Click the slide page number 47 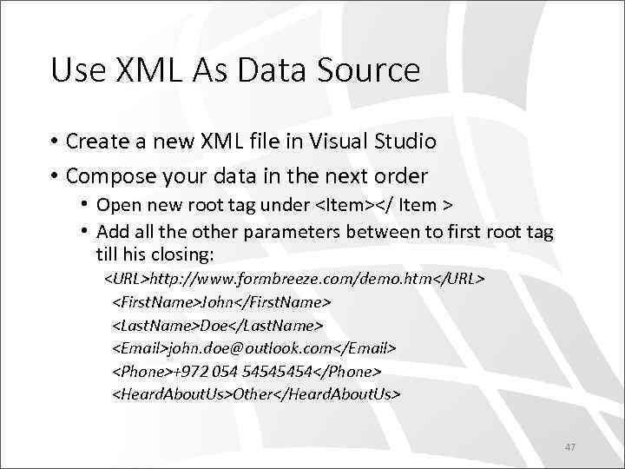pyautogui.click(x=570, y=447)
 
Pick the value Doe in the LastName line pyautogui.click(x=213, y=325)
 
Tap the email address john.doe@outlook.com pyautogui.click(x=250, y=347)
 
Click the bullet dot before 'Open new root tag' pyautogui.click(x=85, y=206)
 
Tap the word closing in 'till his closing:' pyautogui.click(x=185, y=256)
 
